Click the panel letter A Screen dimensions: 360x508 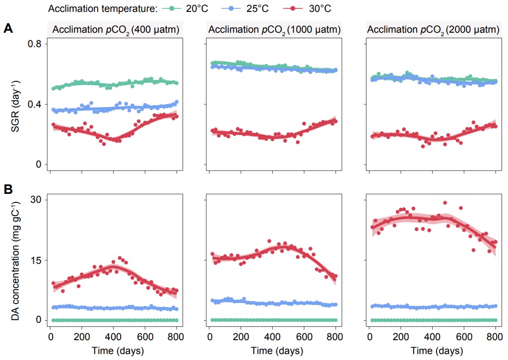click(8, 28)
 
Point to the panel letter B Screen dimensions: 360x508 click(8, 189)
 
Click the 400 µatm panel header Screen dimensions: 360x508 click(115, 30)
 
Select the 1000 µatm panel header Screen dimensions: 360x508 click(274, 30)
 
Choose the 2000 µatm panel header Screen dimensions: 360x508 click(433, 30)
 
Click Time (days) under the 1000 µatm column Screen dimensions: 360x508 click(274, 351)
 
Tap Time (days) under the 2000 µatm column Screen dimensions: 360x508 click(433, 351)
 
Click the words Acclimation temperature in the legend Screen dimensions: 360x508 click(104, 8)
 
